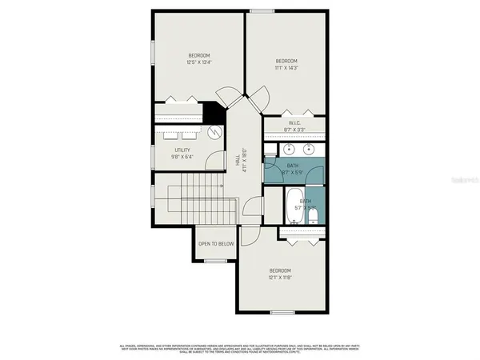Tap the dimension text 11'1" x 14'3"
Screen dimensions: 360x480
click(286, 69)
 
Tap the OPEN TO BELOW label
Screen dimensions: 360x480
click(216, 243)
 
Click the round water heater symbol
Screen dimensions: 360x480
click(214, 133)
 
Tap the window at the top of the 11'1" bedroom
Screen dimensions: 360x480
click(262, 10)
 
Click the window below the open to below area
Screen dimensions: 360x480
click(216, 261)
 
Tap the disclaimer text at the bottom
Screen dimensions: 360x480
click(240, 348)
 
